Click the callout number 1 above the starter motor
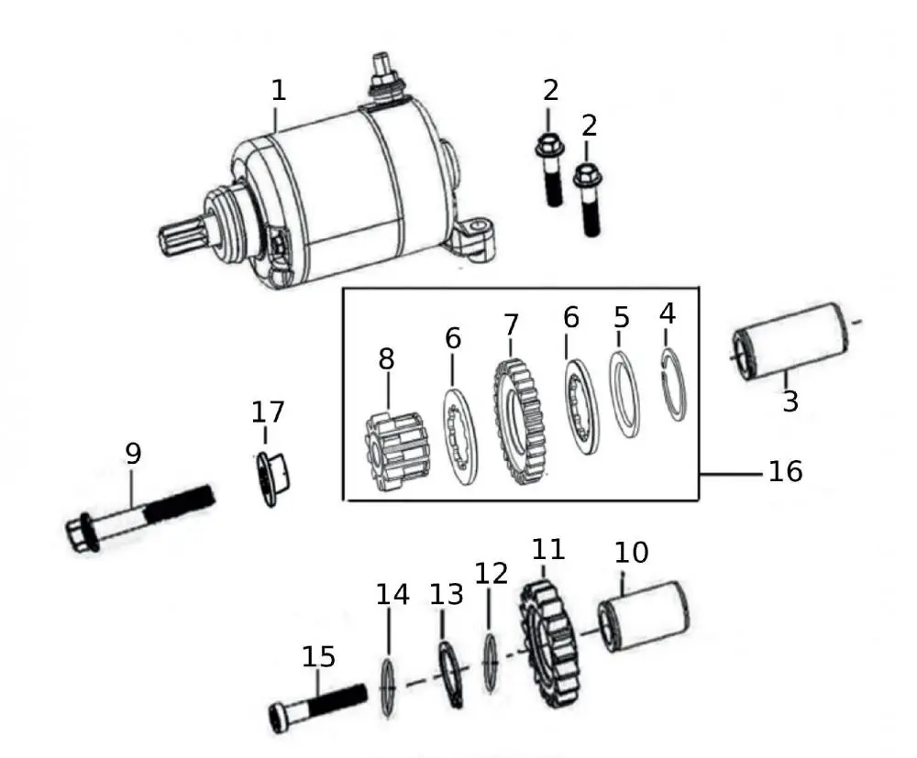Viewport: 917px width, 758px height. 279,91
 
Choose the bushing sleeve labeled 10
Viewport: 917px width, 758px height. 644,615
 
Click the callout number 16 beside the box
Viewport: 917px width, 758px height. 785,471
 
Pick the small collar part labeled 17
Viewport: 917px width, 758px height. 273,478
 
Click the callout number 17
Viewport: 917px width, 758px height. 268,412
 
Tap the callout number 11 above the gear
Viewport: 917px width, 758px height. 548,549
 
